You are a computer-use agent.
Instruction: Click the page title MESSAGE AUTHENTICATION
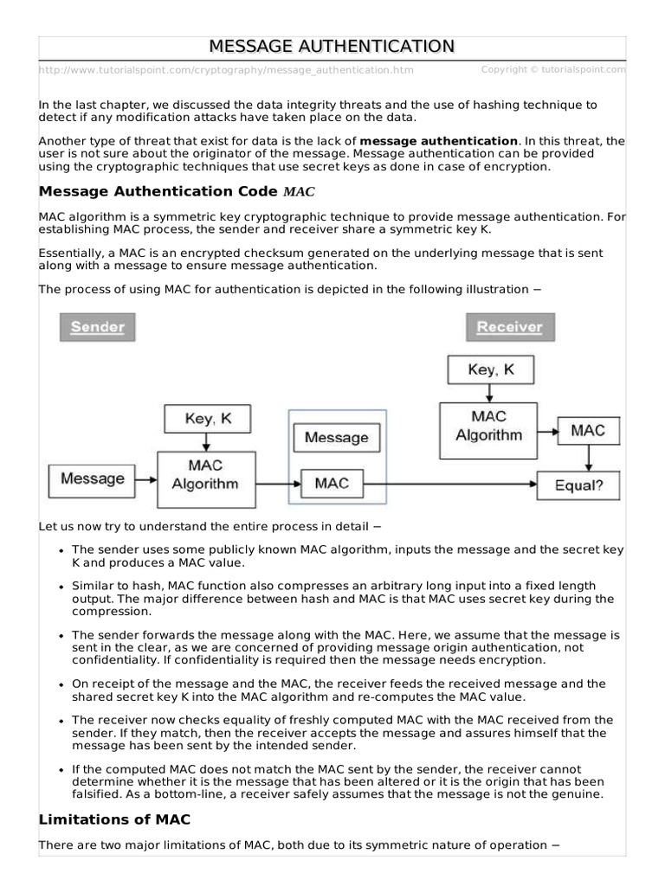click(x=332, y=46)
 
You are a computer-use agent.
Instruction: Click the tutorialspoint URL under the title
click(x=226, y=70)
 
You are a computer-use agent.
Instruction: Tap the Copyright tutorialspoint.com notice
click(x=552, y=69)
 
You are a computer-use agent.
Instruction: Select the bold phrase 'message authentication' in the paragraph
click(x=438, y=140)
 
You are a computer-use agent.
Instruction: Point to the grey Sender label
click(x=97, y=327)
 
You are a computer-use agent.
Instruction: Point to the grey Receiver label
click(x=509, y=327)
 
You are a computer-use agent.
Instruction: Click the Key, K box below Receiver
click(x=490, y=369)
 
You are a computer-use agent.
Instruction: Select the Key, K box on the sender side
click(x=208, y=419)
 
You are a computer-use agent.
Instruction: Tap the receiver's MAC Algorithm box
click(x=489, y=425)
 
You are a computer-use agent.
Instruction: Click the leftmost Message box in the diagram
click(x=92, y=478)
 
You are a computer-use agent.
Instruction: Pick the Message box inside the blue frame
click(x=336, y=438)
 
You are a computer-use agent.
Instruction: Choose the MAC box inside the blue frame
click(x=332, y=483)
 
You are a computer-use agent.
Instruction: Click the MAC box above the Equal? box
click(x=588, y=430)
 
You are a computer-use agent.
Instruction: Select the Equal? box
click(x=578, y=485)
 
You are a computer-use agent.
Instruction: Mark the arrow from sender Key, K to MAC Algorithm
click(x=207, y=441)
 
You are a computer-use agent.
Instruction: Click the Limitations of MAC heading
click(x=114, y=819)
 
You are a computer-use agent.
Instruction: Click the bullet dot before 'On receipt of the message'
click(x=61, y=684)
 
